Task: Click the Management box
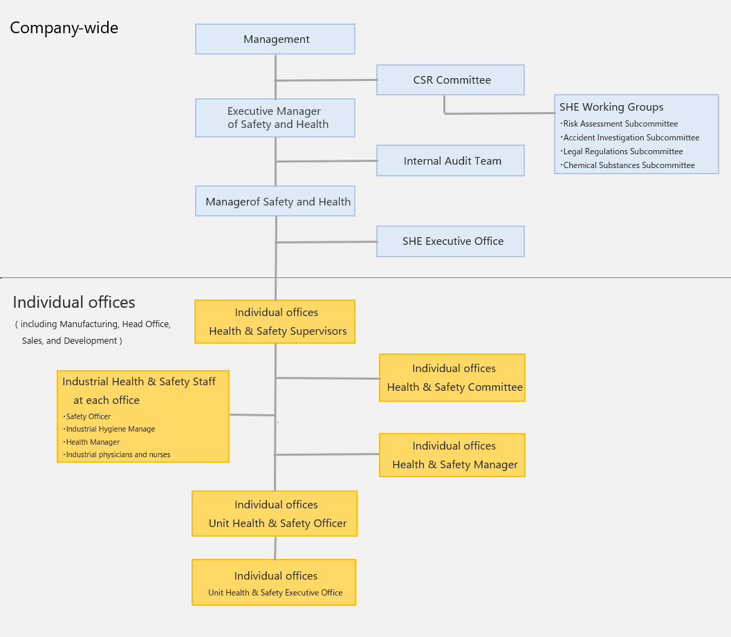click(275, 39)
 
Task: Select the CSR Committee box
click(450, 80)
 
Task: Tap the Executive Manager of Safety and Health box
click(275, 118)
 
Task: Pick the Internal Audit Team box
click(450, 160)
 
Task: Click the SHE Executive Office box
click(450, 241)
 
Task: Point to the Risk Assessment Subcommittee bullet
click(619, 124)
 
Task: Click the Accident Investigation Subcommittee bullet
click(630, 138)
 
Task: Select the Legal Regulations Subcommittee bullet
click(622, 151)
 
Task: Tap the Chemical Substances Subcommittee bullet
click(627, 165)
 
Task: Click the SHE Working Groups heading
click(611, 107)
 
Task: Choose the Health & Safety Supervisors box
click(275, 322)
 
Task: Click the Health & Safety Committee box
click(452, 378)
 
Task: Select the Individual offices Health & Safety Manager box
click(452, 455)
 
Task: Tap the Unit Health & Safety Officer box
click(275, 513)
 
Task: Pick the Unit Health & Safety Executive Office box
click(274, 582)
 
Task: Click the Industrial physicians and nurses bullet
click(117, 454)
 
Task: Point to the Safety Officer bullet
click(87, 416)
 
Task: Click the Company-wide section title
click(64, 28)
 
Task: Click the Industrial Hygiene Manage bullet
click(109, 429)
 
